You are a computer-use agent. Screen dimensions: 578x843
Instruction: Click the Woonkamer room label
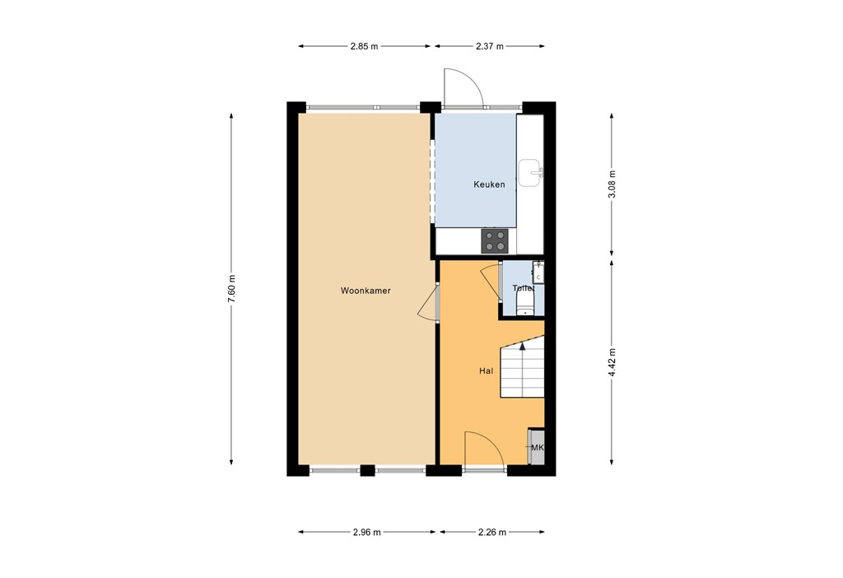pos(366,291)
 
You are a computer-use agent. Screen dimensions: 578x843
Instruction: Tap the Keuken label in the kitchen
pos(489,184)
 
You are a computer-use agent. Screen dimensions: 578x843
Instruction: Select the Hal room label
pos(486,371)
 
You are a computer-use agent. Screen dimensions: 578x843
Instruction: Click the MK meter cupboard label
pos(538,448)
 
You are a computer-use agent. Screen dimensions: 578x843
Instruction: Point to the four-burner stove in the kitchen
pos(496,240)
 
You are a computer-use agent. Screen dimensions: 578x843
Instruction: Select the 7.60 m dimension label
pos(232,289)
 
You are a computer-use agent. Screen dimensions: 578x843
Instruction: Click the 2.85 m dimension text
pos(364,46)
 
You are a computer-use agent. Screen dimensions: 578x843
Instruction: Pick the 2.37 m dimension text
pos(489,46)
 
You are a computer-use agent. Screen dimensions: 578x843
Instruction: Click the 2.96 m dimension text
pos(367,532)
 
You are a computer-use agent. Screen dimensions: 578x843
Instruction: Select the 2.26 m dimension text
pos(491,532)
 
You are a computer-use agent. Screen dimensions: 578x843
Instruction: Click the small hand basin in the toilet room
pos(538,272)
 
